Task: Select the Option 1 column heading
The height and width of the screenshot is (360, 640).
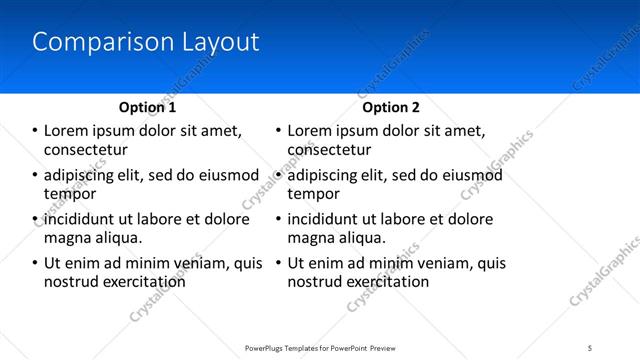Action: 147,107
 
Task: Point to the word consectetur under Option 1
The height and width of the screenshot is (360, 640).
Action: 85,150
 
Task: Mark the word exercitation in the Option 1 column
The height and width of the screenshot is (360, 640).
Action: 142,282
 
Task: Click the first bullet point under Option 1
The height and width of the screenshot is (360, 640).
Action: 34,131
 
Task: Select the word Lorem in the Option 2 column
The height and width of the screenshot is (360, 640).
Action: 310,131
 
